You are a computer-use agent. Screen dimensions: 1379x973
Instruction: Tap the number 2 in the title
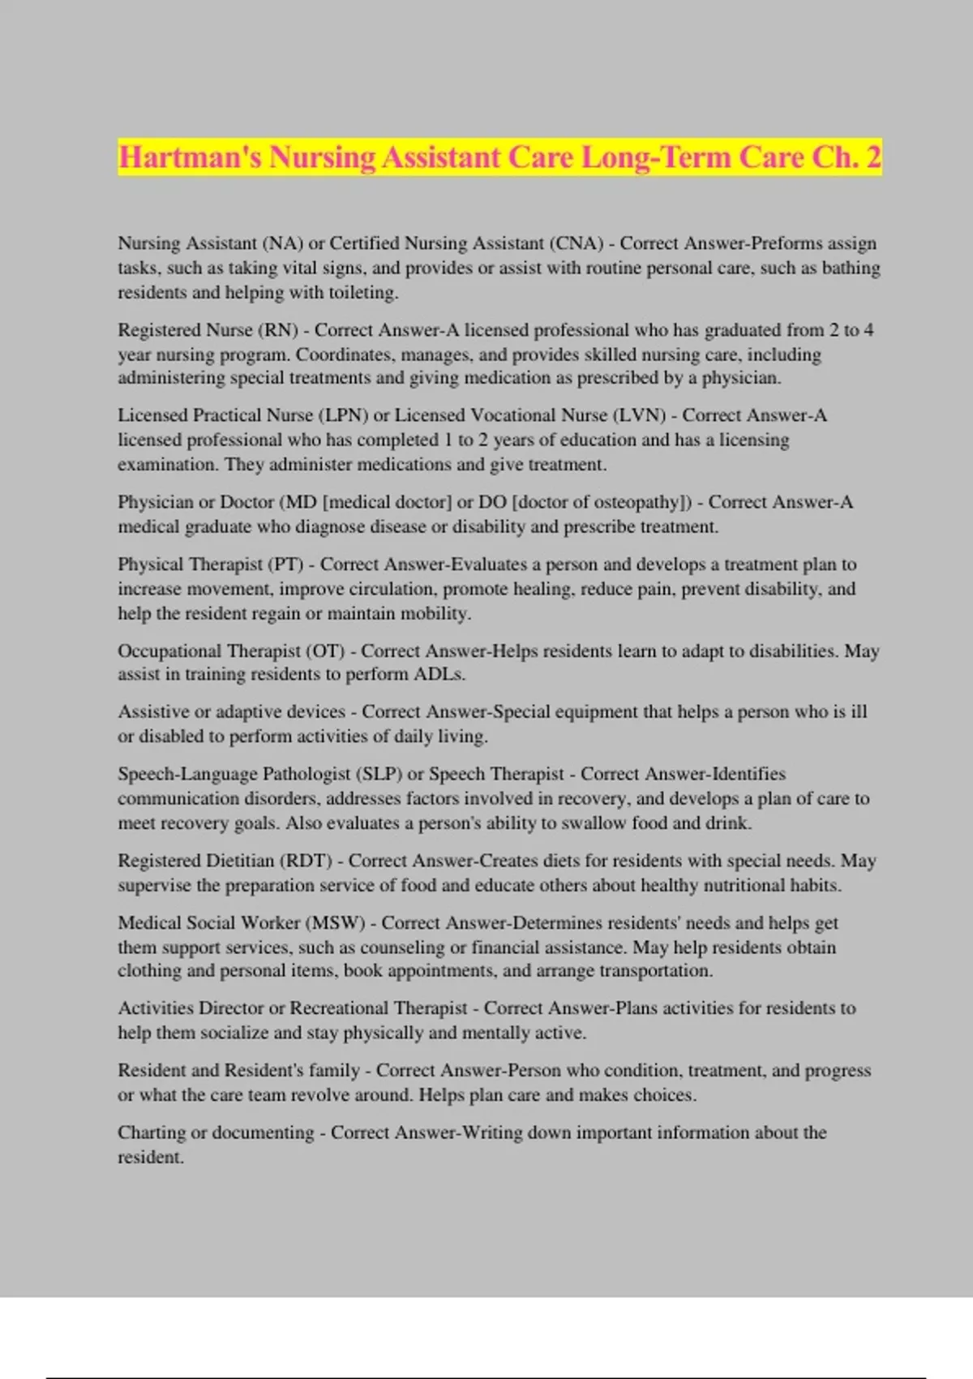tap(872, 157)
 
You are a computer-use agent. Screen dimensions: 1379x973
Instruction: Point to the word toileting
tap(362, 293)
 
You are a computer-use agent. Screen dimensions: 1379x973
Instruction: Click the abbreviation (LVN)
tap(640, 415)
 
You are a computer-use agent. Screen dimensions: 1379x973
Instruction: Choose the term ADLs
tap(439, 674)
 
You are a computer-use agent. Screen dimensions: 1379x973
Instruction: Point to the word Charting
tap(152, 1133)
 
